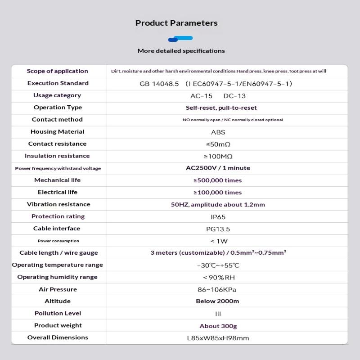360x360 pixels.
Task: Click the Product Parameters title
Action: [176, 23]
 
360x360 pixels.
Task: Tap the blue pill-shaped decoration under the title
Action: [180, 39]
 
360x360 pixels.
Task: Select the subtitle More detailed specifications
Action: [181, 51]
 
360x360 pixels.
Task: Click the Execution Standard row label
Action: [58, 83]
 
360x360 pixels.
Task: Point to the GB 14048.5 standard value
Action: [159, 84]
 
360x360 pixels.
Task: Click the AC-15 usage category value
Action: [201, 96]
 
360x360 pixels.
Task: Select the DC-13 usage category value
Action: [234, 96]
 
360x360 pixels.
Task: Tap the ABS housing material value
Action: [218, 132]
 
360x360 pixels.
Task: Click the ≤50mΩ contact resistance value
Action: [218, 144]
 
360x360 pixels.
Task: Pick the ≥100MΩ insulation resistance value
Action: [218, 157]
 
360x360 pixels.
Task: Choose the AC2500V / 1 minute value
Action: [218, 168]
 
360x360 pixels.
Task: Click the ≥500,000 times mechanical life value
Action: [218, 180]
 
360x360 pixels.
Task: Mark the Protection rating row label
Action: [58, 216]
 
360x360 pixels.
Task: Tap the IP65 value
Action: [218, 217]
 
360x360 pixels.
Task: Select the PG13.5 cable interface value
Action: [218, 229]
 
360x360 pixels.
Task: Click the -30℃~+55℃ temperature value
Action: [218, 265]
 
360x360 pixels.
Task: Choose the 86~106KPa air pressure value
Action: [218, 290]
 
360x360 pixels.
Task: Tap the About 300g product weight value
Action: [218, 326]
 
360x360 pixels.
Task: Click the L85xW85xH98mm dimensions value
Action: [218, 338]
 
